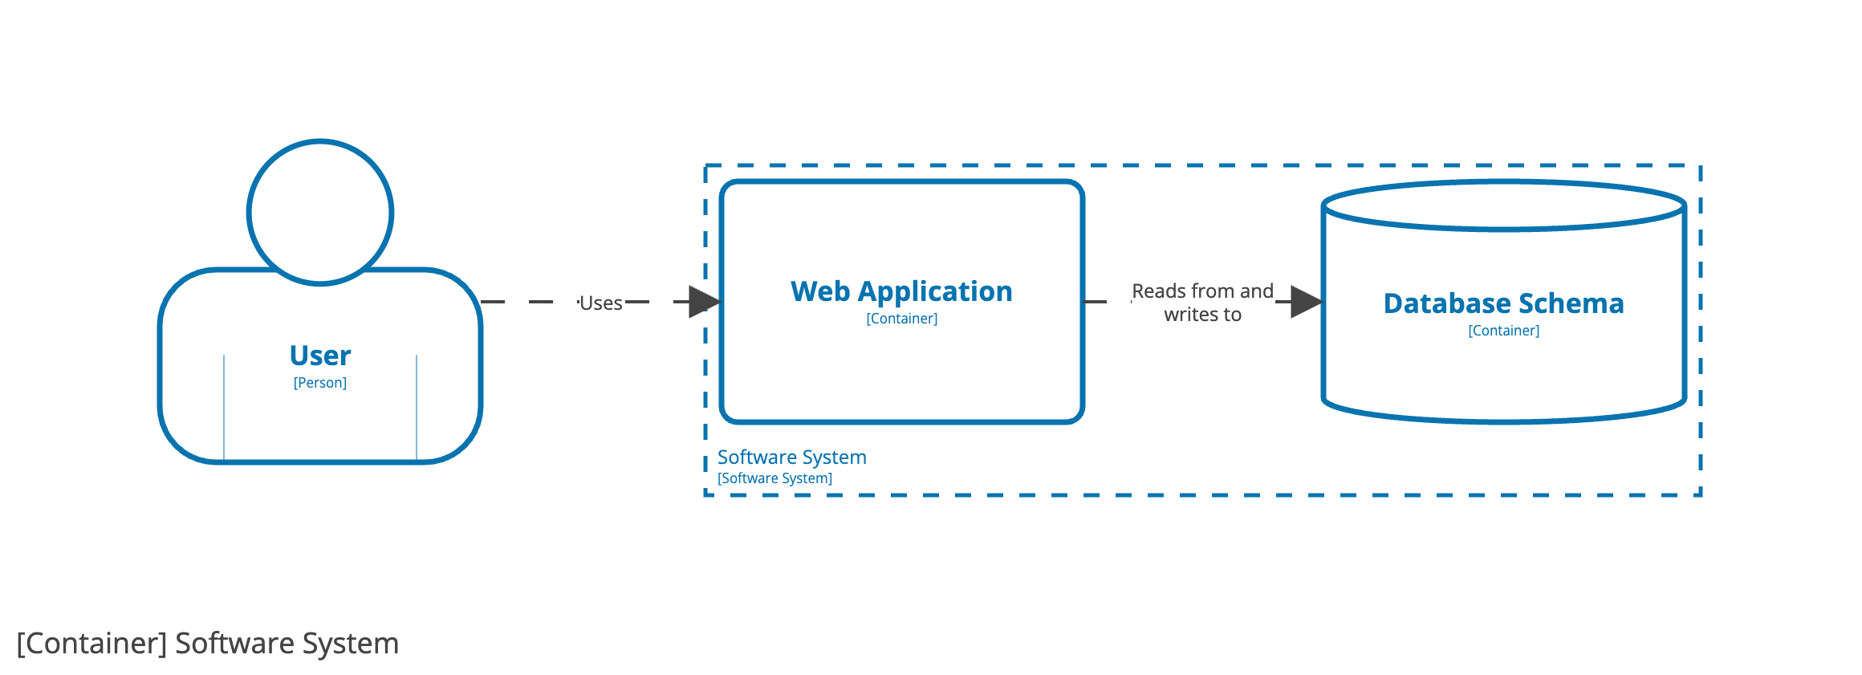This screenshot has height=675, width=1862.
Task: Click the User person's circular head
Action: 319,213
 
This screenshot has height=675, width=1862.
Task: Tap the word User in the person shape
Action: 319,356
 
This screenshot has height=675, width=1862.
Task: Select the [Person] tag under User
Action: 319,383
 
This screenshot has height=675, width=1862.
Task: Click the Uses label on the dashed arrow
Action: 600,303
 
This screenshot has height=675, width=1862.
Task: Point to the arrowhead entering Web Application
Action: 704,302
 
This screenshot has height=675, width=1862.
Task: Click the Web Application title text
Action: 901,291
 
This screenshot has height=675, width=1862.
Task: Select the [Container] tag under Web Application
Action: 901,319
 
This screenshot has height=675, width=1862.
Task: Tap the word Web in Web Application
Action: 819,291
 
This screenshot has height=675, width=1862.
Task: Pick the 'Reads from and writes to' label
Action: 1202,303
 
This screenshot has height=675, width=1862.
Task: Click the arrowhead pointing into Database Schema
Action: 1306,302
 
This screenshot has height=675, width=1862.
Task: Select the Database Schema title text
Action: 1503,303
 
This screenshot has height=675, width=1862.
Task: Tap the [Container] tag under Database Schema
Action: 1503,331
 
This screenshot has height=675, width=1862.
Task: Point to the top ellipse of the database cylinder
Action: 1503,206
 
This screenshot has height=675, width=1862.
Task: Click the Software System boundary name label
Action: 791,457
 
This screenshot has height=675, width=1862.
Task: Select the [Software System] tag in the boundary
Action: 774,478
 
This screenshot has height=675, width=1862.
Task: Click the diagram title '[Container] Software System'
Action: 207,644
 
